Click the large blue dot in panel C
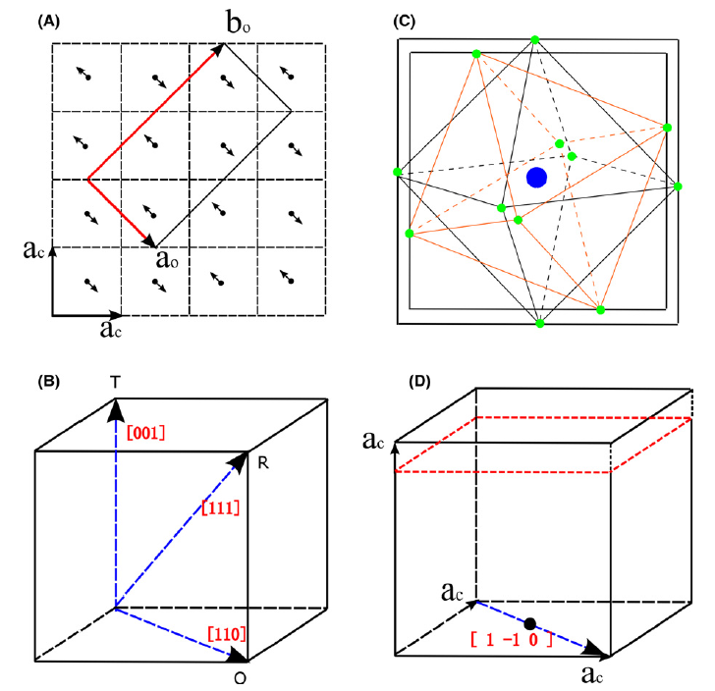[536, 178]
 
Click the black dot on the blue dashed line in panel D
[530, 623]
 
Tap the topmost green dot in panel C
[535, 39]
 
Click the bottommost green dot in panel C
[539, 323]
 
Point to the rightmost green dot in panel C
[677, 186]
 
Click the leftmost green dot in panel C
[397, 173]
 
